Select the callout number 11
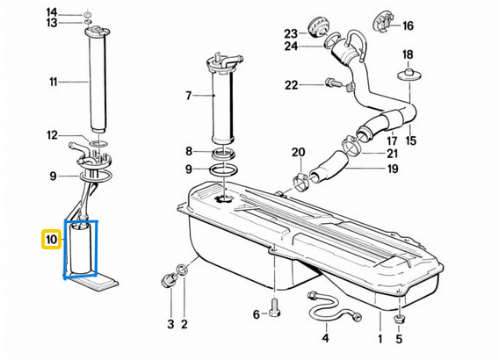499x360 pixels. (x=53, y=83)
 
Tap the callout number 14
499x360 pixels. (x=52, y=11)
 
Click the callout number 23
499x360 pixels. (x=291, y=33)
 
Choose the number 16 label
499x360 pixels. (x=408, y=26)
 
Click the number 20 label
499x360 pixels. (x=298, y=152)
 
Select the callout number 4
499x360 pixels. (x=324, y=337)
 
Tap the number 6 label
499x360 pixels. (x=257, y=314)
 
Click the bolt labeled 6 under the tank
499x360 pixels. (x=274, y=310)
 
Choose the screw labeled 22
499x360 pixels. (x=334, y=84)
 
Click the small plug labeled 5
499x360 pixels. (x=400, y=319)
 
